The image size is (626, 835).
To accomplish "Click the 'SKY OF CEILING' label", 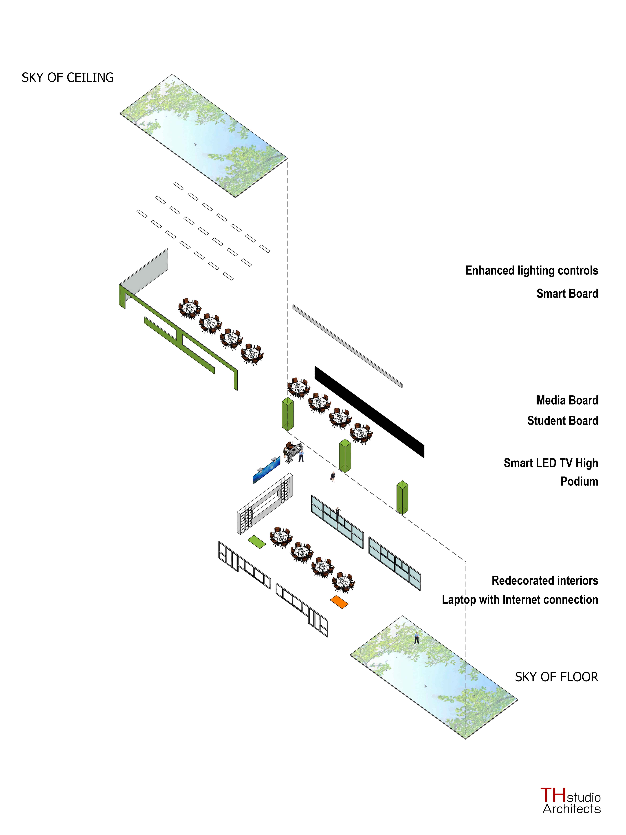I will (68, 78).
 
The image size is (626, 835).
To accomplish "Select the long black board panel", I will (369, 411).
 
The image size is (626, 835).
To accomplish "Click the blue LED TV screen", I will (266, 470).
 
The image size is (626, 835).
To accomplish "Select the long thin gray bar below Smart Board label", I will (347, 346).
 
